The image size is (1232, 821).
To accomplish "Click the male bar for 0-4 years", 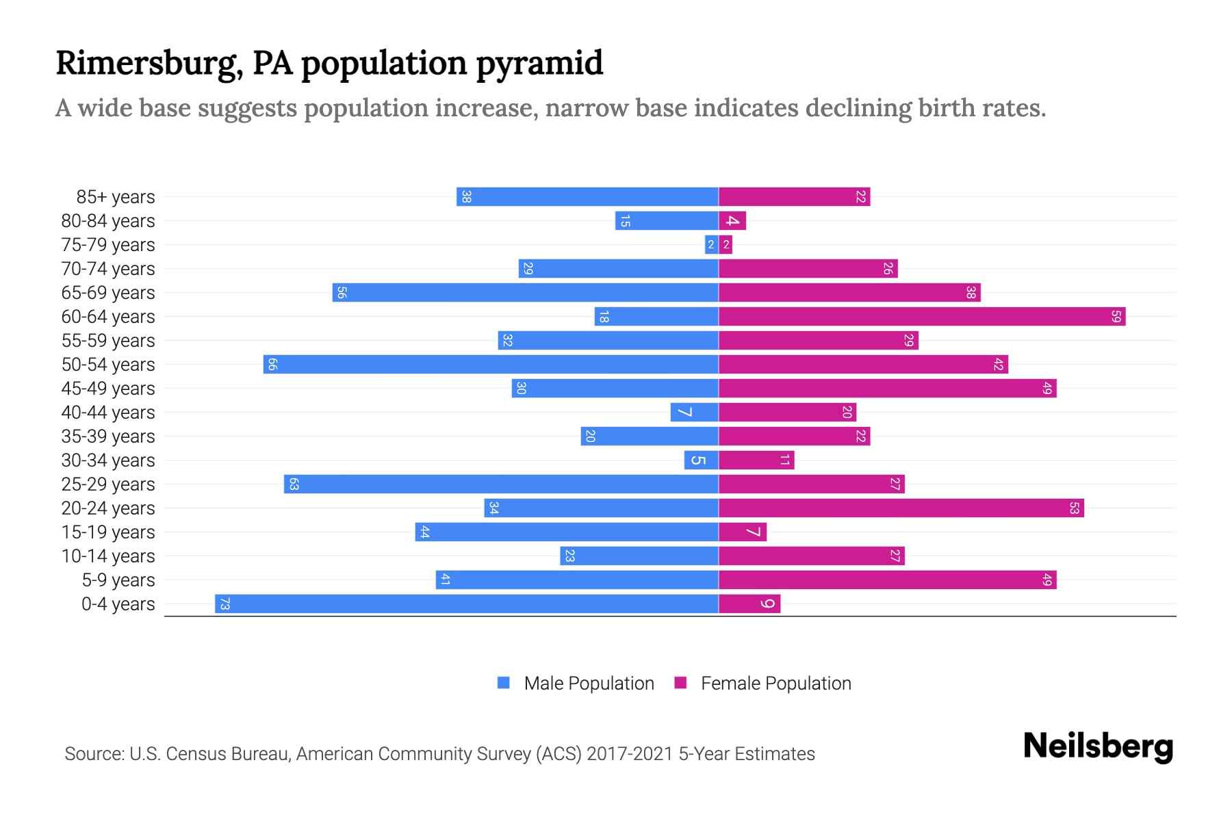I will [x=467, y=603].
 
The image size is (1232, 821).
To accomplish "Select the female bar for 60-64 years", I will [x=921, y=316].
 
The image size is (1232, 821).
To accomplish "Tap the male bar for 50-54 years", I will [x=491, y=364].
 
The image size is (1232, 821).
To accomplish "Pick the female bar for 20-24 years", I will [x=901, y=508].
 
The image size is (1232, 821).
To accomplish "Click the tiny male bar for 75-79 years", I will [x=711, y=244].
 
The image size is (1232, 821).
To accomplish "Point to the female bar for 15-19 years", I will [x=743, y=532].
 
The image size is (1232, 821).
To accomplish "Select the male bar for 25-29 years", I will [x=501, y=484].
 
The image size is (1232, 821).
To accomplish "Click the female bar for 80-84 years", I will [x=732, y=220].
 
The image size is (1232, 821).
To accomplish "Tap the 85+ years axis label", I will [x=115, y=197].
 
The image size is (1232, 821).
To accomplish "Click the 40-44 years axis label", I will [x=108, y=413].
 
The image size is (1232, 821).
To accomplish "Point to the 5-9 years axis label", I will [x=118, y=580].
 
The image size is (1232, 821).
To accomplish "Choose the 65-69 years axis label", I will [x=108, y=293].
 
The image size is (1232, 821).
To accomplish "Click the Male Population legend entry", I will [x=576, y=683].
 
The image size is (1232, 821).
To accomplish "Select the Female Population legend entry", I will [x=762, y=683].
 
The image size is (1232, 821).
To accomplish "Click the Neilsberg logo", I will [x=1098, y=746].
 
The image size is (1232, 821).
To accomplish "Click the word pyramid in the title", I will [x=539, y=64].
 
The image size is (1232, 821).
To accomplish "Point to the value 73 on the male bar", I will [x=224, y=603].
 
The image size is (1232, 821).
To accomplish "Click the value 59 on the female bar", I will [x=1116, y=316].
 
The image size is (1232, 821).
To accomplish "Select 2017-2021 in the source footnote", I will [x=629, y=754].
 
